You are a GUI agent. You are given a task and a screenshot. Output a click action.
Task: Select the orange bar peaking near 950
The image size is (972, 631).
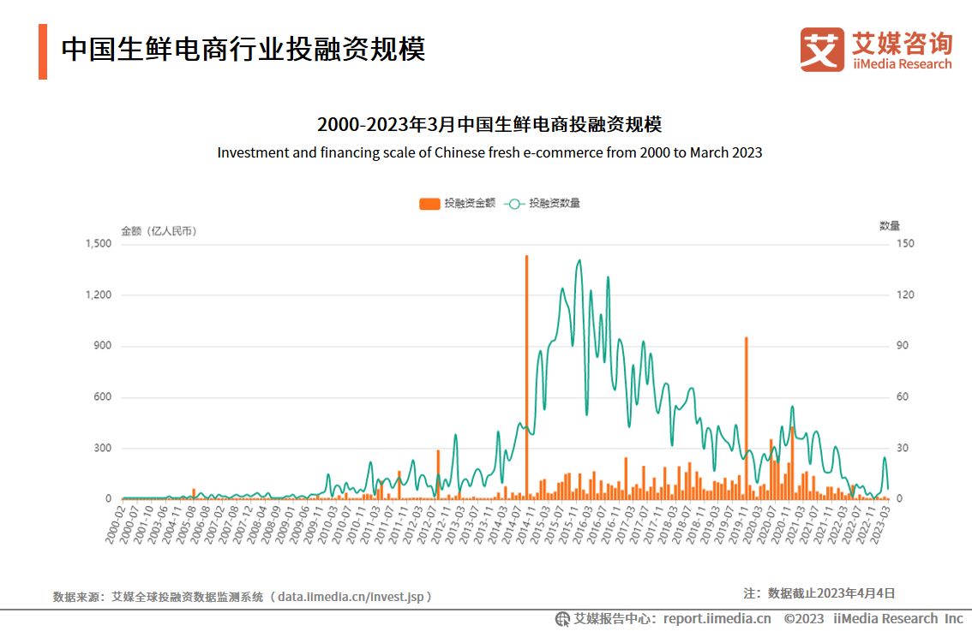(746, 420)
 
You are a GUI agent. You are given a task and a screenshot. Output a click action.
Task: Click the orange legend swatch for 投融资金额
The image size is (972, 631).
(429, 204)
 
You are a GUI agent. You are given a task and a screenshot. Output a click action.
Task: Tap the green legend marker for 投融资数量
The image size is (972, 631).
(513, 204)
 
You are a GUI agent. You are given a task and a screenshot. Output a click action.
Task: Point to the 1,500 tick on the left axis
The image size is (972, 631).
(99, 244)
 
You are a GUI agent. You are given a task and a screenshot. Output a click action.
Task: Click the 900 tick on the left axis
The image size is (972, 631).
(104, 346)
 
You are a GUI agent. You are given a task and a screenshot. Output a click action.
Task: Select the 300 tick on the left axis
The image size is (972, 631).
(104, 448)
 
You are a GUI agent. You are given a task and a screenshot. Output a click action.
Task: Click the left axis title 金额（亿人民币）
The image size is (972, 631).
(159, 231)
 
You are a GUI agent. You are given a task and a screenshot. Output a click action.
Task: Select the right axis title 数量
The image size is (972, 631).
(890, 226)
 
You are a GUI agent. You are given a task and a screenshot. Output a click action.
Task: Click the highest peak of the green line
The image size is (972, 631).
(579, 260)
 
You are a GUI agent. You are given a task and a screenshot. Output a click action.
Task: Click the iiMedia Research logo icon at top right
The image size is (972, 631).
(822, 49)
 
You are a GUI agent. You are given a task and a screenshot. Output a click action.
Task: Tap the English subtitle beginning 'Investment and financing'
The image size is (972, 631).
(489, 153)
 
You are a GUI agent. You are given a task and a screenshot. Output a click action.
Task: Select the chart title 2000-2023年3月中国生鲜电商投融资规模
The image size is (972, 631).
(489, 125)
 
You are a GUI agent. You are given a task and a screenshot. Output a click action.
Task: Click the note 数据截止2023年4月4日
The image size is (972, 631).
(831, 592)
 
